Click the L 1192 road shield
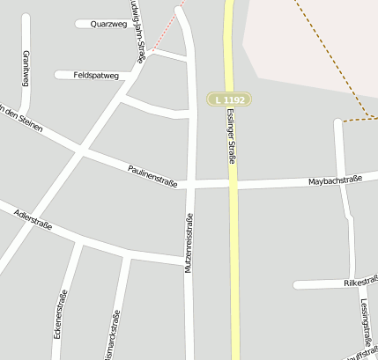pos(229,100)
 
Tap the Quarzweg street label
pos(109,25)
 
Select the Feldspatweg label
pos(97,76)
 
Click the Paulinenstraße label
pos(152,175)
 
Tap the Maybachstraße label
pos(336,181)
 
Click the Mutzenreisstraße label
pos(188,243)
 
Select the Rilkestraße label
pos(359,283)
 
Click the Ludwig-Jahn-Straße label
pos(137,32)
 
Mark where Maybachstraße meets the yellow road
pos(233,183)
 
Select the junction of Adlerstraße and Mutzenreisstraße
pos(189,260)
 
